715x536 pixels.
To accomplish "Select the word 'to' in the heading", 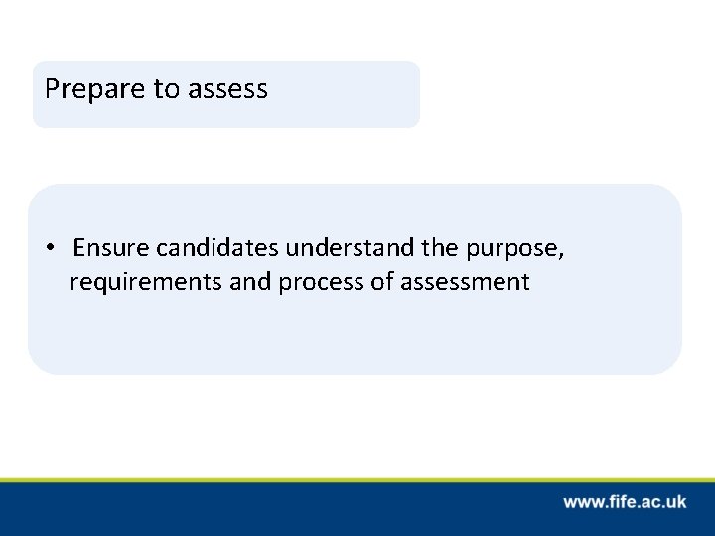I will (x=164, y=90).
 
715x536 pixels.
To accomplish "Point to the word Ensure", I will (x=108, y=248).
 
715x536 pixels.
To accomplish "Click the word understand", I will (x=341, y=248).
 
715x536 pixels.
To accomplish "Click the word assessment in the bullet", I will (x=465, y=283).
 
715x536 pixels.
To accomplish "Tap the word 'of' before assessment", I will (x=383, y=283).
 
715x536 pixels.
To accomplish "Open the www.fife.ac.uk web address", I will (x=625, y=503).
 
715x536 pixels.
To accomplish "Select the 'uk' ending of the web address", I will (x=676, y=503).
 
